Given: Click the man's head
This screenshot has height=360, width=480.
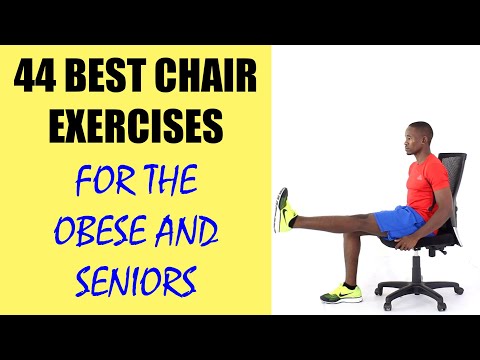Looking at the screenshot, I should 419,137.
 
